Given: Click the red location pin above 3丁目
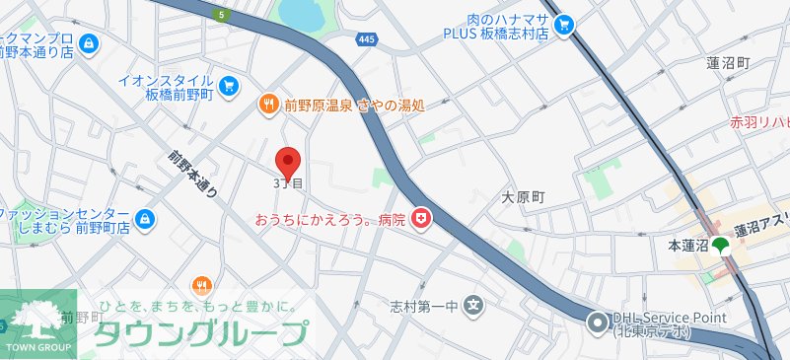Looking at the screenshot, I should pyautogui.click(x=287, y=161).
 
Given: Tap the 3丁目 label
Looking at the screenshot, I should pyautogui.click(x=287, y=183).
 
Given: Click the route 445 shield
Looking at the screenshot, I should pyautogui.click(x=367, y=37).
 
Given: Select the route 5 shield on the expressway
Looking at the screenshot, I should pyautogui.click(x=223, y=15).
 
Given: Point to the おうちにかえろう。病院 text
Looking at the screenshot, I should pyautogui.click(x=329, y=219).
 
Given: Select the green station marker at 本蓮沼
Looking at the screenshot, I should pyautogui.click(x=721, y=245).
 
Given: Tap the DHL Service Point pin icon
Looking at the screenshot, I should pyautogui.click(x=597, y=322).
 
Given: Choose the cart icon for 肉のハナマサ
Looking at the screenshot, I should pyautogui.click(x=564, y=26).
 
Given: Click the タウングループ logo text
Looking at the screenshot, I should pyautogui.click(x=198, y=334).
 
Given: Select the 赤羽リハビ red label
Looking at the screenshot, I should pyautogui.click(x=758, y=123).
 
